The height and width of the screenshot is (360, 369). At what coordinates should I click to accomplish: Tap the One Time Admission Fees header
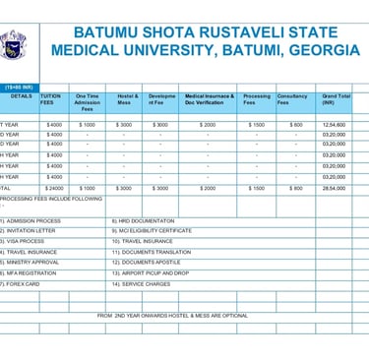(x=87, y=102)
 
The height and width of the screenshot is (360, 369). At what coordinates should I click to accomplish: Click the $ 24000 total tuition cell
(x=53, y=188)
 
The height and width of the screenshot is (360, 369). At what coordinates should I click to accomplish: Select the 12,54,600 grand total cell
(x=335, y=125)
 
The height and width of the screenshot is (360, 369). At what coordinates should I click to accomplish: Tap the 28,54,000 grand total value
(x=335, y=188)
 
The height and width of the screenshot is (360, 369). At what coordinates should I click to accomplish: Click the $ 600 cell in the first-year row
(x=296, y=125)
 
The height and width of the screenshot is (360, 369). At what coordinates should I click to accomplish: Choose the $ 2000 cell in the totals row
(x=208, y=188)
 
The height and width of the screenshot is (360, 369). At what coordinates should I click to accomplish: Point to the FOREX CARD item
(x=22, y=283)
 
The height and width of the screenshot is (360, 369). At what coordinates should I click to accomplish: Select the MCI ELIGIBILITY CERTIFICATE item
(x=152, y=230)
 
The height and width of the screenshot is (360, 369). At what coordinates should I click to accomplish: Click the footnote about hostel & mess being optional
(x=172, y=316)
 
